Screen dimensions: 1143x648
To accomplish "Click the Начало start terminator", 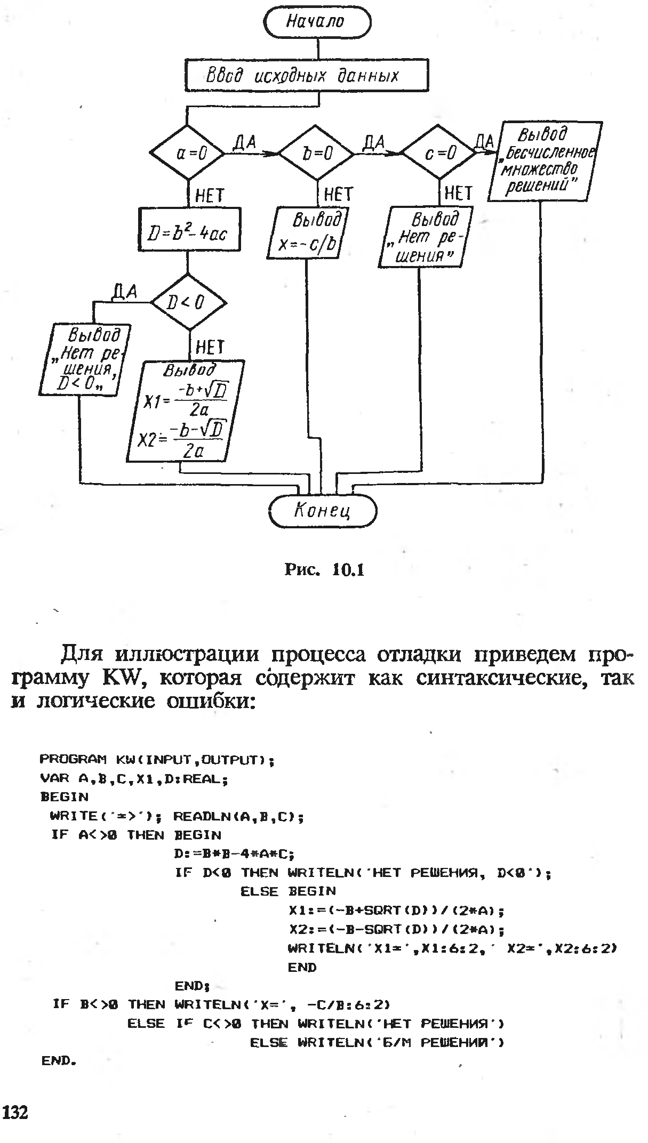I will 317,21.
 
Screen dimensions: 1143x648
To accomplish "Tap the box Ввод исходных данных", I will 306,76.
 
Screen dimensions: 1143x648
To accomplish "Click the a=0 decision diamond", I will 187,154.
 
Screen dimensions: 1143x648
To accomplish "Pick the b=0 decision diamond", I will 317,154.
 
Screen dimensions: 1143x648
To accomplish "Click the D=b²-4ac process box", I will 189,230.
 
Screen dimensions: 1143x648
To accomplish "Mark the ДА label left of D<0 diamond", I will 124,292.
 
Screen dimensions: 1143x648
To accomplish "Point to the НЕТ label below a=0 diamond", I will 209,196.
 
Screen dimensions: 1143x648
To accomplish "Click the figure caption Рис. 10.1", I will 324,570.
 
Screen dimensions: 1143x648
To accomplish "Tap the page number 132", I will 16,1112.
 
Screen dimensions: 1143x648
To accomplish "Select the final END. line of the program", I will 59,1060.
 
